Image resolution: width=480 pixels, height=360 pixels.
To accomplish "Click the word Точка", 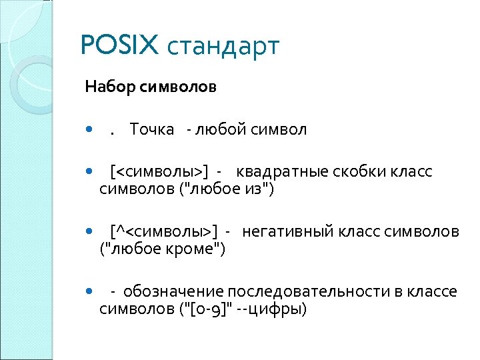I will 152,129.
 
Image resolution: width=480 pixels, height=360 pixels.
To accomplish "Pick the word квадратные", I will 280,172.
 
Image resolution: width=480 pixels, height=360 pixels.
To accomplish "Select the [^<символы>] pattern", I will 164,231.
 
